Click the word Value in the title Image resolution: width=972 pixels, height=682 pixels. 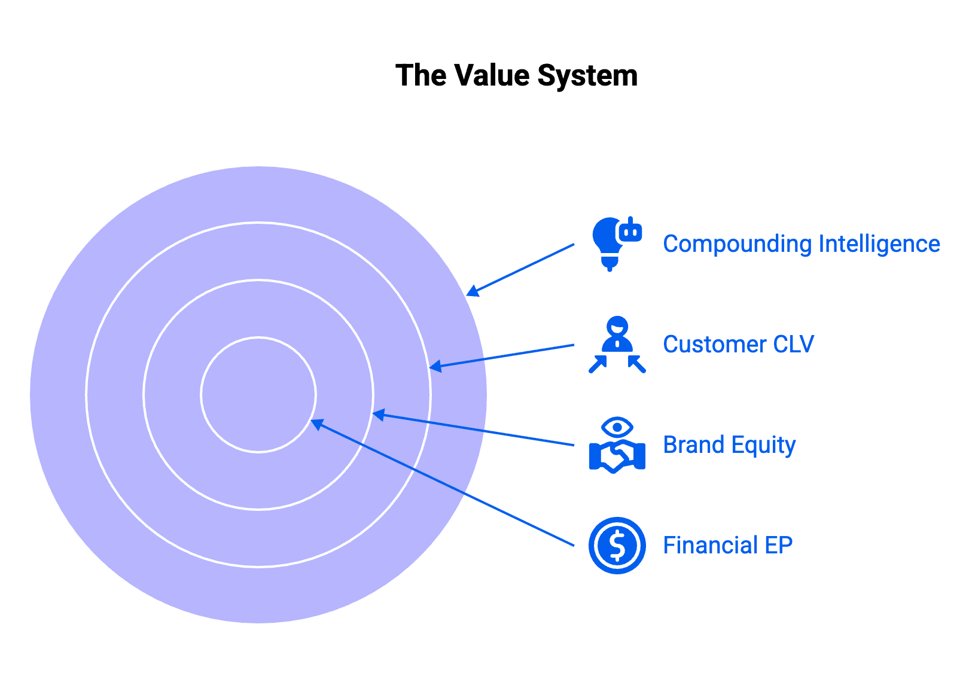[x=492, y=75]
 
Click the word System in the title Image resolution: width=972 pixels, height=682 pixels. [x=587, y=77]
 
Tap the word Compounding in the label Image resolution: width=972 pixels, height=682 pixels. [x=738, y=245]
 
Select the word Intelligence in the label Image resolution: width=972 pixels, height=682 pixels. [x=879, y=244]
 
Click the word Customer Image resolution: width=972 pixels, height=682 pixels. [x=715, y=345]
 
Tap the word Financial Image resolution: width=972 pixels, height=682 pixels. [x=711, y=545]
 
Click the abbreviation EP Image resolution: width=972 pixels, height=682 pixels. [x=779, y=545]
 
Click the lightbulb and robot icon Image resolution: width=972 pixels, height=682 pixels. [x=617, y=244]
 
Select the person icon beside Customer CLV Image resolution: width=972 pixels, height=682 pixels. [x=617, y=344]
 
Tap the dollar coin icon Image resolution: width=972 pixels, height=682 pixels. [x=617, y=546]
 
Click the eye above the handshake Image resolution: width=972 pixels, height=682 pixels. [x=617, y=428]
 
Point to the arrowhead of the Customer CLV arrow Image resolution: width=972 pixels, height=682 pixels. [x=435, y=366]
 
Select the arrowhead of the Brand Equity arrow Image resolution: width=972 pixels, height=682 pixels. [x=379, y=415]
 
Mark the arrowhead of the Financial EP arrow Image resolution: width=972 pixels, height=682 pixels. [x=317, y=424]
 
